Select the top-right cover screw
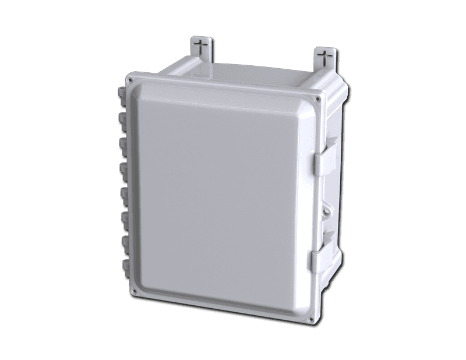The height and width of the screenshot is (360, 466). pyautogui.click(x=318, y=100)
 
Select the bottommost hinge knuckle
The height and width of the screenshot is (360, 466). pyautogui.click(x=126, y=266)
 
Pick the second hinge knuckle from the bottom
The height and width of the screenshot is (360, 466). pyautogui.click(x=125, y=242)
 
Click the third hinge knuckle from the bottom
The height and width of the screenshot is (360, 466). pyautogui.click(x=125, y=217)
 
